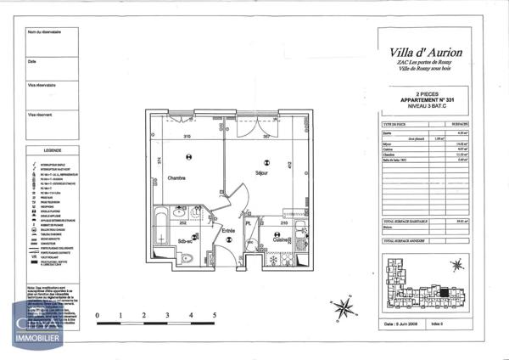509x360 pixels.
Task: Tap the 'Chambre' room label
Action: point(177,178)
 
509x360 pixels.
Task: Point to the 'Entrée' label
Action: point(228,230)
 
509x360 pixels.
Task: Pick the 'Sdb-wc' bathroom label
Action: point(187,240)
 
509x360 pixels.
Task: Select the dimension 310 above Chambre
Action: point(187,138)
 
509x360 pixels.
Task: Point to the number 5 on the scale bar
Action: point(215,314)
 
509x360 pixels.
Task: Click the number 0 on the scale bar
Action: point(98,314)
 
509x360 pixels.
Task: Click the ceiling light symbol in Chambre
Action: point(189,155)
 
